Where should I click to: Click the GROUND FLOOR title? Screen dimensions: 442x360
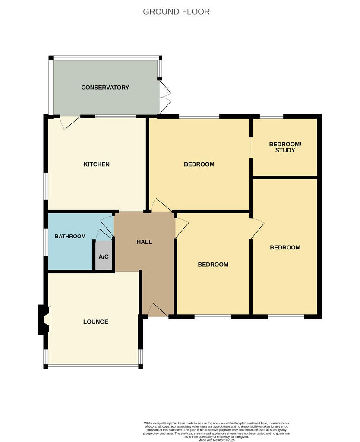(x=176, y=12)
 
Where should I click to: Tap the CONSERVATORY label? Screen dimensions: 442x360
(x=105, y=88)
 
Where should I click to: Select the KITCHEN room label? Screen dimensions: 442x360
(x=96, y=164)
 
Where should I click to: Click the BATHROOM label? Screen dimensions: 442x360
(x=70, y=236)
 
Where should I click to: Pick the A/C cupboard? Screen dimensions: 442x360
(x=104, y=256)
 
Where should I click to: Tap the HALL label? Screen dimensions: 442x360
(x=144, y=242)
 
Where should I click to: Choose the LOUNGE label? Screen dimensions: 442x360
(x=96, y=322)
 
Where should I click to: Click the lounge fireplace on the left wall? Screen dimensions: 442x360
(x=44, y=319)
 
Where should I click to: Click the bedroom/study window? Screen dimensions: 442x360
(x=271, y=116)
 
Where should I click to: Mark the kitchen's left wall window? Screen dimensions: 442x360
(x=46, y=186)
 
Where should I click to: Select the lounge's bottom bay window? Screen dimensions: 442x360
(x=93, y=367)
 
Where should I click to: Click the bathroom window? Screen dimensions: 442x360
(x=46, y=242)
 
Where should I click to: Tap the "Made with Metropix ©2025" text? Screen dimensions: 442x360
(x=216, y=440)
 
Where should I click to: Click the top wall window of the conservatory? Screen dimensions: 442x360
(x=105, y=57)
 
